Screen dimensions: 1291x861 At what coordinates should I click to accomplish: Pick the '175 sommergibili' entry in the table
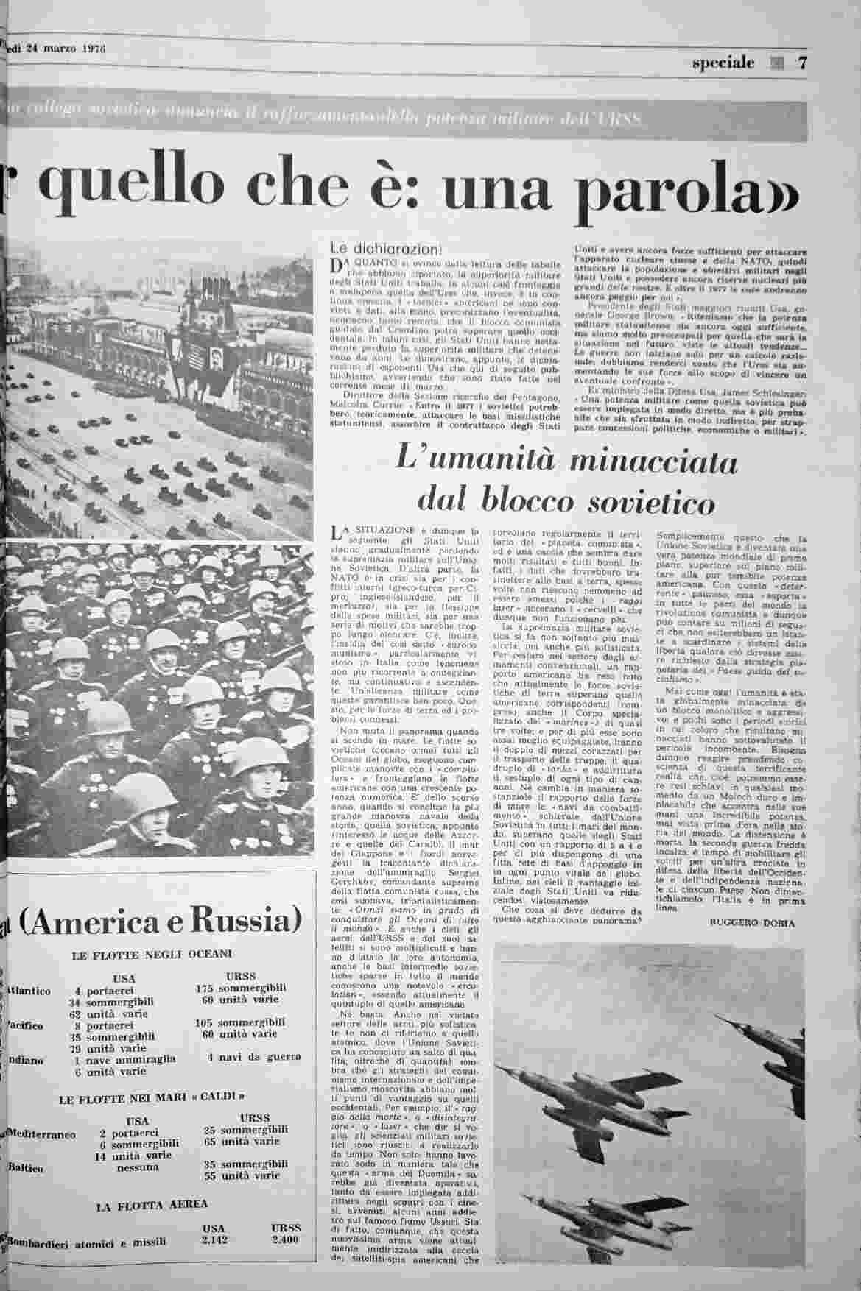[239, 988]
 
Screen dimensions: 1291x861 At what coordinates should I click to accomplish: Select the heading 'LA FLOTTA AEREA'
[152, 1206]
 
